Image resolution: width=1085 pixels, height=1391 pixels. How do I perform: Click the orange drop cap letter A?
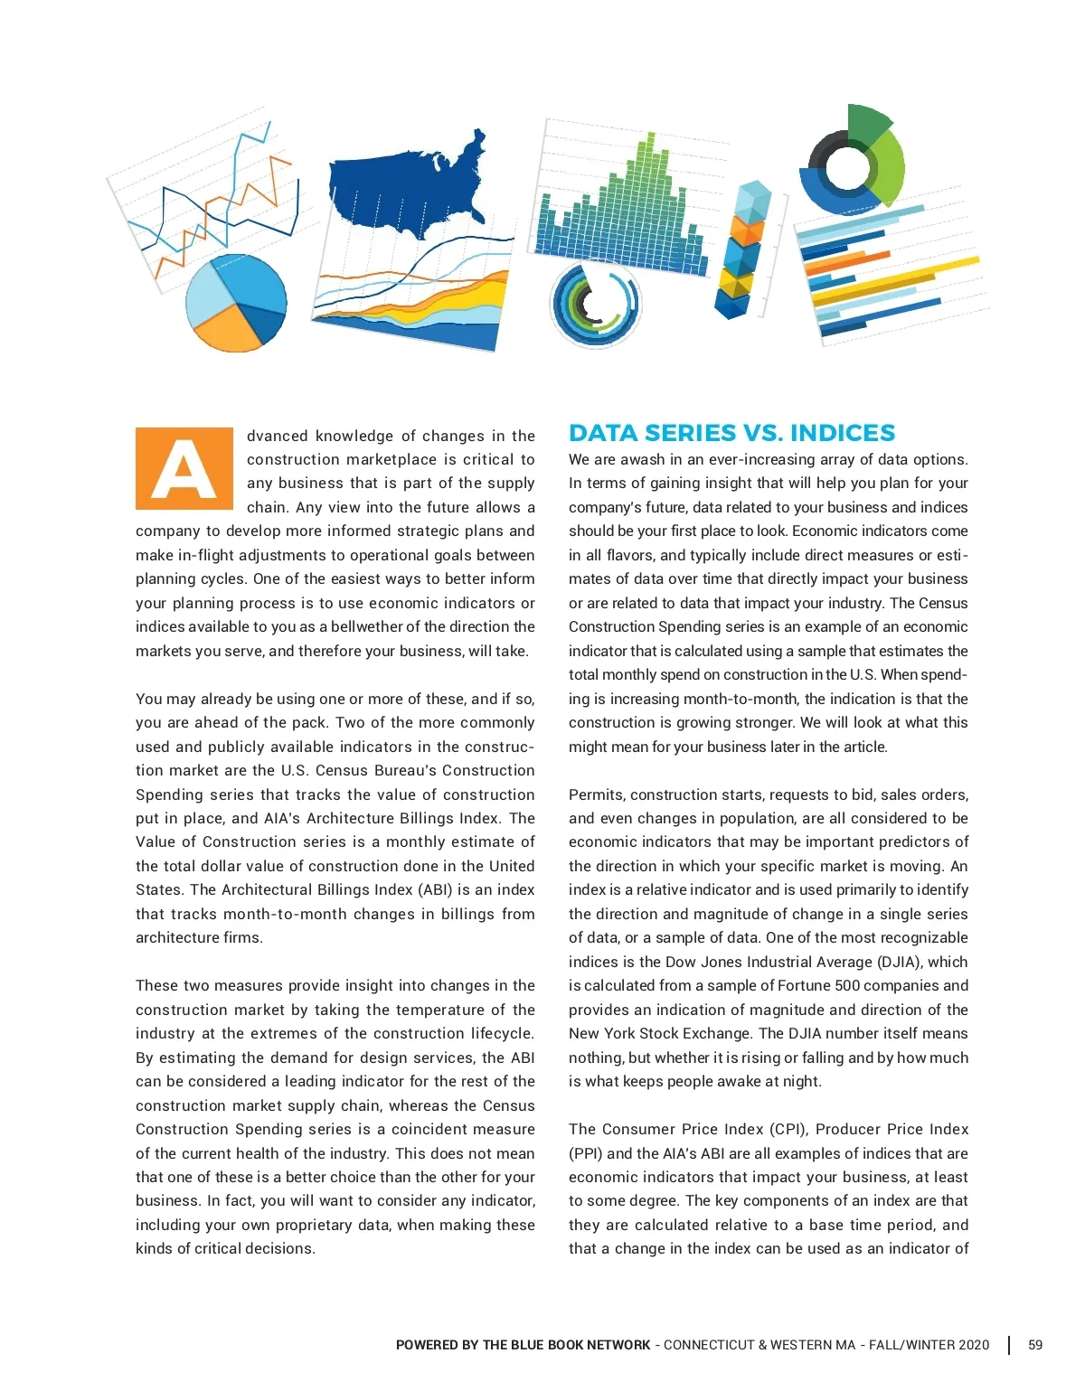pos(184,468)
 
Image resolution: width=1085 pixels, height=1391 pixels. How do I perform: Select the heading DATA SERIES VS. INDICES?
pos(731,433)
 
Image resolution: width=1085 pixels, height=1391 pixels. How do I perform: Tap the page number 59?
pos(1035,1345)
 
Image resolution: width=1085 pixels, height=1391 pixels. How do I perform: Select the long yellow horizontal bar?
pos(895,281)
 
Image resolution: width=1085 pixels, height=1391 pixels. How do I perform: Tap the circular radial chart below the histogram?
pos(594,305)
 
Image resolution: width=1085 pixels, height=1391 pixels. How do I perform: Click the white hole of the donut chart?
pos(846,166)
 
